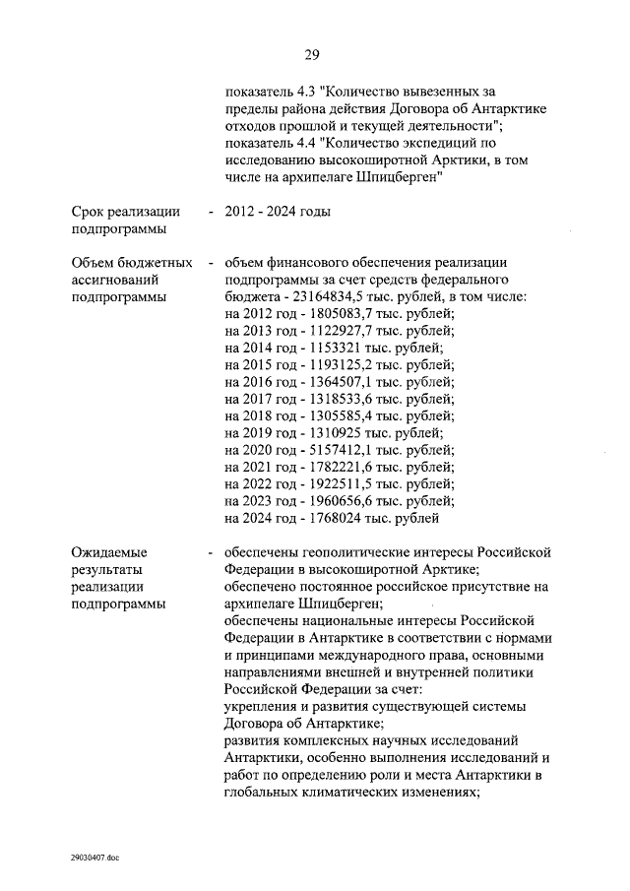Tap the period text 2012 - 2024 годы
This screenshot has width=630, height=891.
(278, 212)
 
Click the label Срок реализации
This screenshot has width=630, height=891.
(125, 212)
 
